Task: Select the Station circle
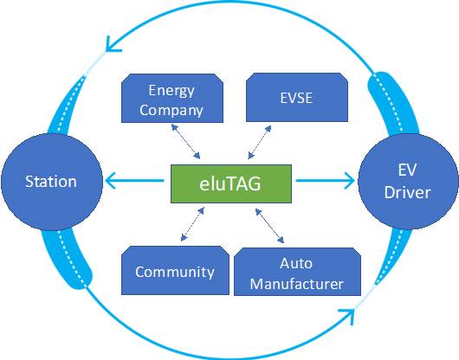click(x=52, y=182)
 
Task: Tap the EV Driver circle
click(x=408, y=182)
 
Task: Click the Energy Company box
click(x=172, y=98)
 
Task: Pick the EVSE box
click(x=297, y=97)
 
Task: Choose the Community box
click(x=175, y=270)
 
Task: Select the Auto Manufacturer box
click(x=297, y=272)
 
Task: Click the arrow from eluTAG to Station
click(x=134, y=181)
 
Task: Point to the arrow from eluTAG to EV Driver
click(x=326, y=181)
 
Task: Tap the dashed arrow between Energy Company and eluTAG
click(x=185, y=141)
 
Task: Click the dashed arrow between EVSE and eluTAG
click(x=259, y=143)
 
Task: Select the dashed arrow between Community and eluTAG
click(x=192, y=224)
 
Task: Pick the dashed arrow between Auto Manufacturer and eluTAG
click(x=269, y=226)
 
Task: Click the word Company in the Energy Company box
click(x=171, y=110)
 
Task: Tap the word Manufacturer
click(x=297, y=284)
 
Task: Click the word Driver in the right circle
click(x=408, y=192)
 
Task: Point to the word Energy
click(x=171, y=91)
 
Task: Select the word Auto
click(x=296, y=263)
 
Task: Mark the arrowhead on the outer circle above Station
click(x=112, y=45)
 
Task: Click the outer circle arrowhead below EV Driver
click(x=347, y=316)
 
